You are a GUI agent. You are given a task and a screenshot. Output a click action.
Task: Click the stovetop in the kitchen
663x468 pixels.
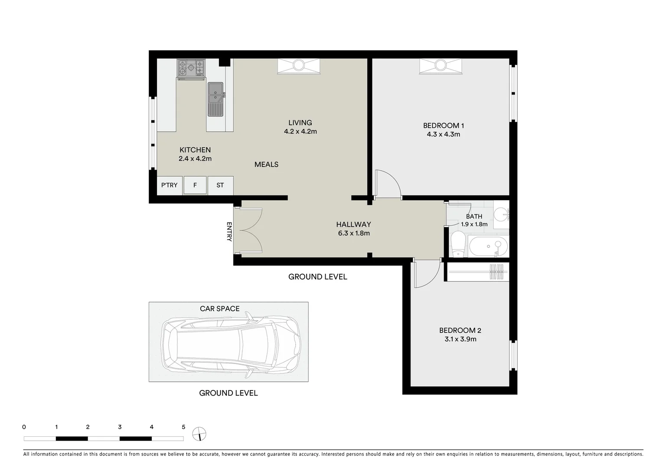point(191,68)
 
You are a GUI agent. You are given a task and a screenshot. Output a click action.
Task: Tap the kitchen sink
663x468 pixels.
point(215,99)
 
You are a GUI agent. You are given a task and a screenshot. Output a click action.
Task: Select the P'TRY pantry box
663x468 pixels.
point(169,185)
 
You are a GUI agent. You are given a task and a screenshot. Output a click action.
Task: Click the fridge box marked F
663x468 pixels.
point(195,185)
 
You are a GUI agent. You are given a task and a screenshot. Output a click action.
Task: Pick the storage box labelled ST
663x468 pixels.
point(220,185)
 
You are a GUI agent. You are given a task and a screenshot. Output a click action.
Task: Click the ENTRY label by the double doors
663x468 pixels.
point(229,232)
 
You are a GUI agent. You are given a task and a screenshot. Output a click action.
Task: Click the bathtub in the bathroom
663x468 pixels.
point(488,247)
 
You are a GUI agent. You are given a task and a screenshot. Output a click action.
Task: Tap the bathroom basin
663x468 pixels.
point(502,214)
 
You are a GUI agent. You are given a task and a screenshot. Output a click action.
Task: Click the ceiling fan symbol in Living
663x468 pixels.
point(298,66)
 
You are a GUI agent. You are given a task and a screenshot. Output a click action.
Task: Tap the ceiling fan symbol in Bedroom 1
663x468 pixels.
point(440,66)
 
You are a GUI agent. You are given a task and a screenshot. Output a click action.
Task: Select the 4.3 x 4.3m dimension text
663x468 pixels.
point(443,134)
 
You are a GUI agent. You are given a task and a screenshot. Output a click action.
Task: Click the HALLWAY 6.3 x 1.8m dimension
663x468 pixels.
point(354,233)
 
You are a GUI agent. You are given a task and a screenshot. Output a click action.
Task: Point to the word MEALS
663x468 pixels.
point(266,164)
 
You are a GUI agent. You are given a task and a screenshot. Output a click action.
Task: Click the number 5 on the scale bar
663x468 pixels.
point(183,427)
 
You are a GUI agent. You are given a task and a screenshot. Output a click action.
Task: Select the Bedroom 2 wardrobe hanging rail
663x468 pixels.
point(477,272)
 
